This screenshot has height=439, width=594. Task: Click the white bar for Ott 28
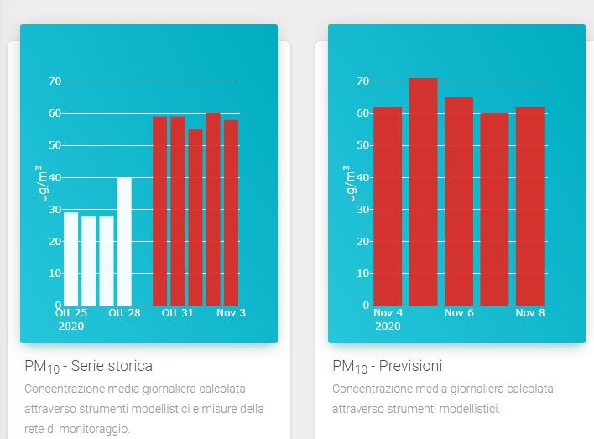coord(124,241)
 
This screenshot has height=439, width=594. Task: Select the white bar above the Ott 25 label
coord(71,259)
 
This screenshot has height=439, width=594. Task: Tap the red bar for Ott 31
coord(178,211)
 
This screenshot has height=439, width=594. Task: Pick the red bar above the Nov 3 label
coord(231,212)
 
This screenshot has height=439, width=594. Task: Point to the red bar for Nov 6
coord(459,201)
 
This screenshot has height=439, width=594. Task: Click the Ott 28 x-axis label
coord(124,312)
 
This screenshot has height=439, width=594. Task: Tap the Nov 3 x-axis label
coord(231,312)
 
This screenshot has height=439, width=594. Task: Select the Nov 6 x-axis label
coord(459,312)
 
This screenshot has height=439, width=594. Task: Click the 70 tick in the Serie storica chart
coord(55,81)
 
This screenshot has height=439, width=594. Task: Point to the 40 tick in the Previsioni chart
coord(363,177)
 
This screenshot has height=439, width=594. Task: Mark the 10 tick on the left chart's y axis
coord(55,273)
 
